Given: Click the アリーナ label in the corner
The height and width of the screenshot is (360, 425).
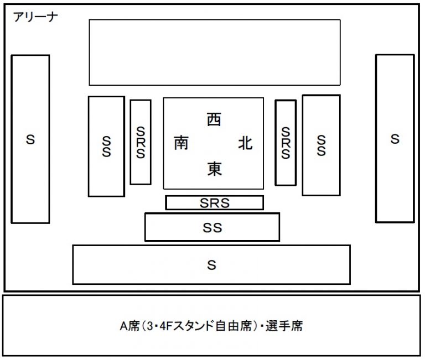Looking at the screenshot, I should pyautogui.click(x=34, y=16).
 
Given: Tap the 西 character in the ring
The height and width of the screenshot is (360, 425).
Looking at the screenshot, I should pyautogui.click(x=214, y=119).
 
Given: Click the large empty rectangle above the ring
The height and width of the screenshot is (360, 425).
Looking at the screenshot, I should pyautogui.click(x=215, y=52).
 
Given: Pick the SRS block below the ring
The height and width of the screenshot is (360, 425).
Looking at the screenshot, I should pyautogui.click(x=214, y=203).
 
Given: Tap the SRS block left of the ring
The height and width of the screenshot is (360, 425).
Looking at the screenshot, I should pyautogui.click(x=141, y=142).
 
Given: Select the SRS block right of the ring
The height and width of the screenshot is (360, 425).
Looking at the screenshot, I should pyautogui.click(x=286, y=142).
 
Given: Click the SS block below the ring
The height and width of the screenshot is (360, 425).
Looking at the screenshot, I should pyautogui.click(x=212, y=227).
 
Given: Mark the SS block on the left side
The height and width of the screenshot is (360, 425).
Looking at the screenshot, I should pyautogui.click(x=106, y=147).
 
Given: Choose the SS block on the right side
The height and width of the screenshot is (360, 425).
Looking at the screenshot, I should pyautogui.click(x=321, y=145).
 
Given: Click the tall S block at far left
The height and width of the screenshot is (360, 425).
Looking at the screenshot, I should pyautogui.click(x=30, y=139).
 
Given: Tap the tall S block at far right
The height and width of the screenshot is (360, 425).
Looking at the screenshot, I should pyautogui.click(x=395, y=138).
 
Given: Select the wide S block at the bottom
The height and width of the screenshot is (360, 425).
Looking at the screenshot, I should pyautogui.click(x=211, y=265).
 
